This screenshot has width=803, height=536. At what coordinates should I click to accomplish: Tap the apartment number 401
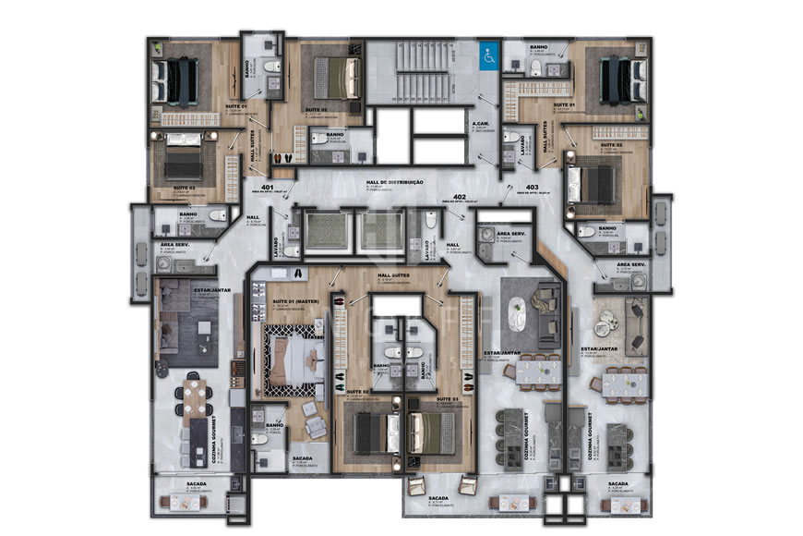(x=268, y=188)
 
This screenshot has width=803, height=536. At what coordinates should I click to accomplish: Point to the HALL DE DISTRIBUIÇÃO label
(x=395, y=182)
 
